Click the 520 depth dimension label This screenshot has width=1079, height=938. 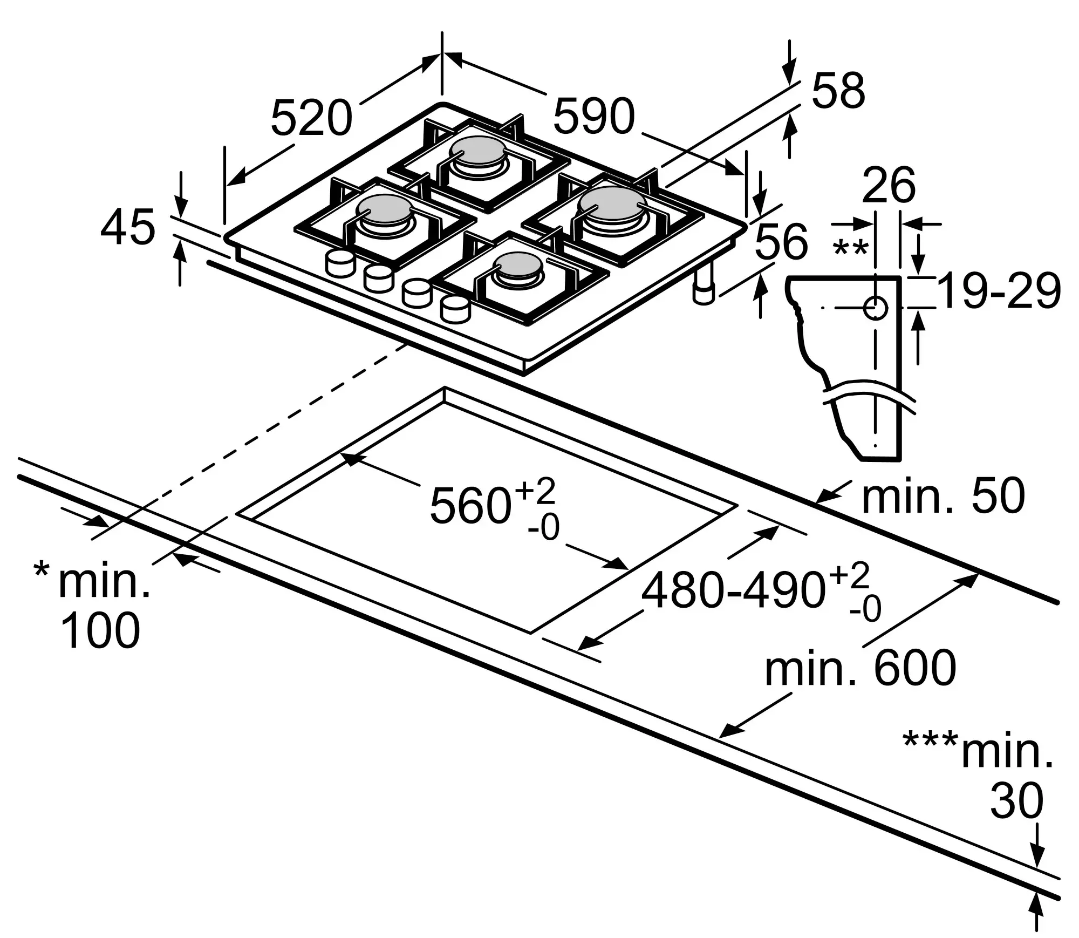click(x=311, y=118)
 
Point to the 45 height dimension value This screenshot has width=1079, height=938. click(x=128, y=228)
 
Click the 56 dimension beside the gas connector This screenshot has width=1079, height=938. click(x=781, y=241)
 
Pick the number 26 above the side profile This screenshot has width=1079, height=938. click(x=889, y=185)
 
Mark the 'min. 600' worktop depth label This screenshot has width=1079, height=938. click(x=860, y=668)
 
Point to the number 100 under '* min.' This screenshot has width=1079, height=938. click(x=100, y=630)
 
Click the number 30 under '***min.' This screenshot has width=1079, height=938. click(x=1016, y=801)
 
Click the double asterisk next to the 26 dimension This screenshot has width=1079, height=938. click(x=851, y=249)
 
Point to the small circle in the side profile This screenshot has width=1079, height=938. click(x=875, y=308)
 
